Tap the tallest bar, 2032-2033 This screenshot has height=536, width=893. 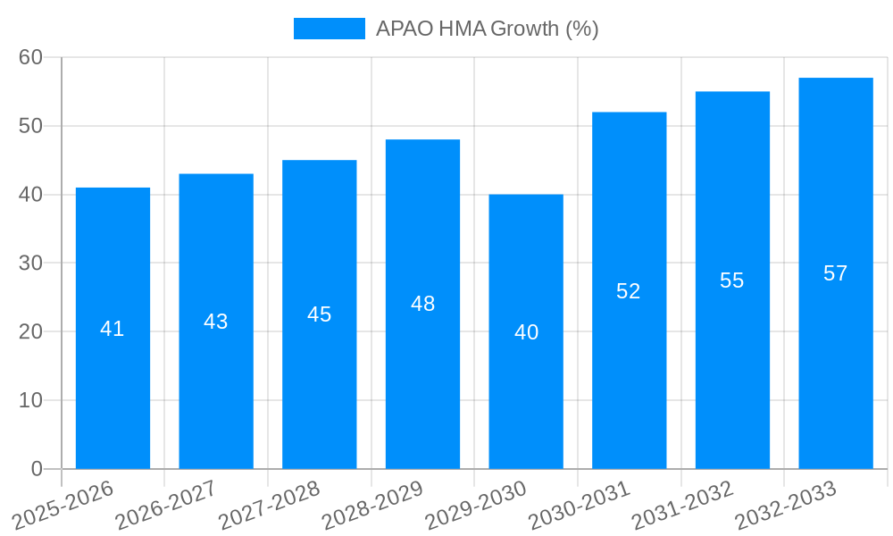[835, 357]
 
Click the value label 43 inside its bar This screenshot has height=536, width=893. [216, 322]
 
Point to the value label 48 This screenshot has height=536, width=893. [422, 304]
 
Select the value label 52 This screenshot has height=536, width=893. [629, 291]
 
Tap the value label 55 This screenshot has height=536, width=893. [731, 281]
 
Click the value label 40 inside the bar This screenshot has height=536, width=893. [526, 332]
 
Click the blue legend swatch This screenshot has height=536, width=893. [329, 29]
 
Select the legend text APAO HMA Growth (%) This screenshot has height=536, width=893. [487, 29]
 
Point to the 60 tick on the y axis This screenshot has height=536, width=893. [30, 57]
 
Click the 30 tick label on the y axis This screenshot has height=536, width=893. [30, 263]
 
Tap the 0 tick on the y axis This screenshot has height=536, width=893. [37, 469]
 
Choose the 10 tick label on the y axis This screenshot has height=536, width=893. [30, 400]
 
